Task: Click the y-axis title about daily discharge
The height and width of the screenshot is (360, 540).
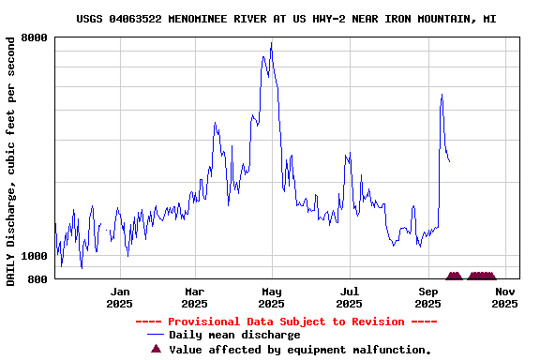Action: coord(10,161)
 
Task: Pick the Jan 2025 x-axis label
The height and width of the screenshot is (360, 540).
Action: coord(119,297)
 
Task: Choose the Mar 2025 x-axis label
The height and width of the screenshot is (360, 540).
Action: coord(194,297)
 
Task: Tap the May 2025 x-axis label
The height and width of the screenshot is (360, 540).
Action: coord(271,297)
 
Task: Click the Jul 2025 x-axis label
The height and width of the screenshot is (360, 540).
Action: coord(349,297)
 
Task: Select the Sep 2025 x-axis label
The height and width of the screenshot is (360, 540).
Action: coord(427,297)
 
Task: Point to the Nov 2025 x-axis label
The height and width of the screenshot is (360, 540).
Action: coord(504,297)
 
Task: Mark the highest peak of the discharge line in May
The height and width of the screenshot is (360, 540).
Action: coord(271,43)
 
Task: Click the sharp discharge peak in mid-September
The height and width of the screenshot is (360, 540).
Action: coord(442,95)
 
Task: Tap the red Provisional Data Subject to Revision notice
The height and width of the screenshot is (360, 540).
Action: coord(286,322)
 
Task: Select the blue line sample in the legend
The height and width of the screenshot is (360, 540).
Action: coord(156,335)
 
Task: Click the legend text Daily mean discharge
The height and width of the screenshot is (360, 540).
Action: coord(234,335)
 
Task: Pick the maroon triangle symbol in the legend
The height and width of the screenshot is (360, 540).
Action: coord(156,349)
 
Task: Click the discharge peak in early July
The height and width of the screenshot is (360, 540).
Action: coord(347,155)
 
